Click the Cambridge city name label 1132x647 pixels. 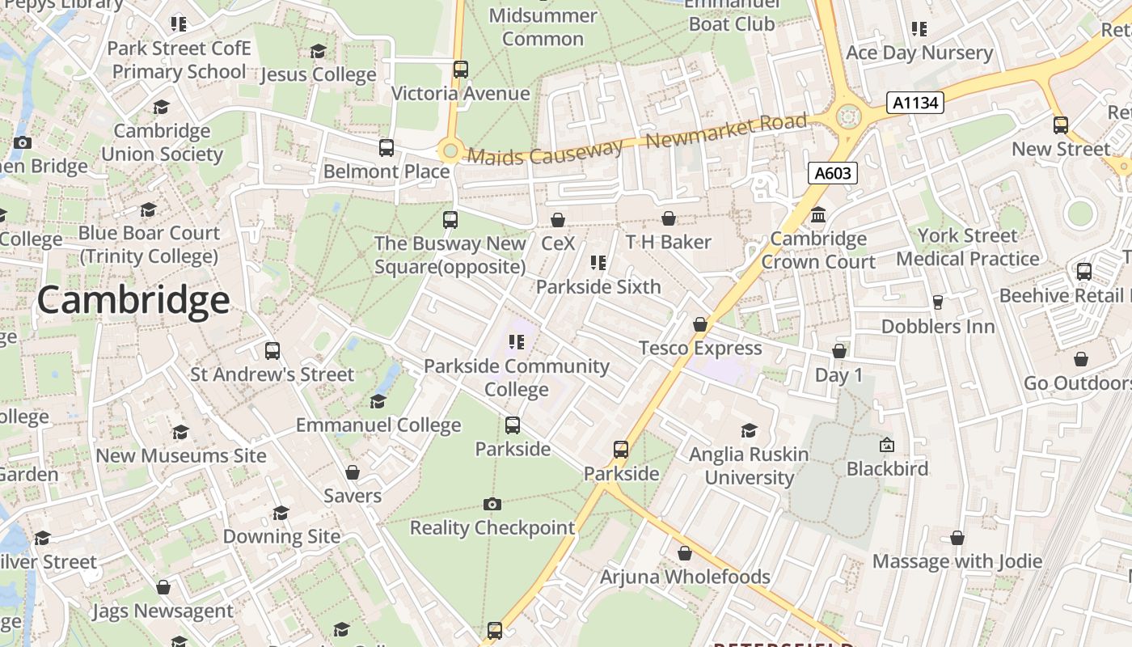click(x=133, y=301)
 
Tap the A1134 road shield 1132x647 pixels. click(x=915, y=103)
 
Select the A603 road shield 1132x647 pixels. click(x=832, y=173)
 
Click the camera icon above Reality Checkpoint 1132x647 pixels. click(x=492, y=505)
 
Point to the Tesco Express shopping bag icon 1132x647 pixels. click(x=700, y=324)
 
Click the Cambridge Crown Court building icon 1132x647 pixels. click(x=818, y=215)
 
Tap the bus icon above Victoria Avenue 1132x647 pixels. click(x=460, y=70)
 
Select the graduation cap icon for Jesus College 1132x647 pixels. click(x=319, y=52)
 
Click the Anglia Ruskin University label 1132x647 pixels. click(x=749, y=466)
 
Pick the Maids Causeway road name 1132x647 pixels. click(x=545, y=151)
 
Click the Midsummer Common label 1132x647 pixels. click(x=543, y=27)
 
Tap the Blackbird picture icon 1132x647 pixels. click(x=887, y=445)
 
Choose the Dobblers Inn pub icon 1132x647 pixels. click(x=938, y=302)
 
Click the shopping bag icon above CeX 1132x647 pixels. click(x=557, y=220)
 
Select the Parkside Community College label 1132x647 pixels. click(x=517, y=378)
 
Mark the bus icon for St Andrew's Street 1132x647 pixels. click(x=272, y=351)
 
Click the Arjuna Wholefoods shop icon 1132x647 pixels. click(x=685, y=554)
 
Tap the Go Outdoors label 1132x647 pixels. click(x=1077, y=383)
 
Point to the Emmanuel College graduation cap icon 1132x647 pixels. click(x=378, y=402)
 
